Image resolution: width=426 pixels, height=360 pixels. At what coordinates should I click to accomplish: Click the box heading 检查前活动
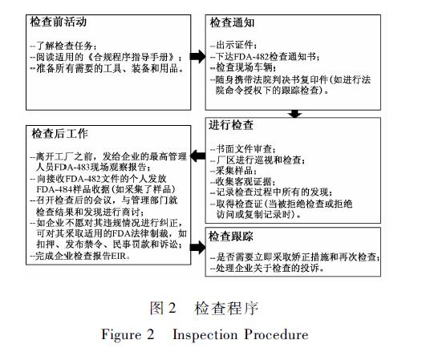[59, 22]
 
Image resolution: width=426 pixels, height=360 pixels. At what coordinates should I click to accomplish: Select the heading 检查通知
[233, 22]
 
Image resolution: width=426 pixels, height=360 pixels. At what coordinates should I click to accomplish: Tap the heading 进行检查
[231, 125]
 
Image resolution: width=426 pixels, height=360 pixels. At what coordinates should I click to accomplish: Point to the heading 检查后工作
[60, 134]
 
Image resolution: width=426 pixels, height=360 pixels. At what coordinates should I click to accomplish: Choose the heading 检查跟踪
[231, 237]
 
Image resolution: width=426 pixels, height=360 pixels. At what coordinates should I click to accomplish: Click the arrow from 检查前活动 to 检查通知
[198, 56]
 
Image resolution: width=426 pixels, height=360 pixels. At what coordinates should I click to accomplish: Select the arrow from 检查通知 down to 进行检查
[295, 114]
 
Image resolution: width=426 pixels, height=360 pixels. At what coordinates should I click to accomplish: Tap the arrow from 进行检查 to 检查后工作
[198, 156]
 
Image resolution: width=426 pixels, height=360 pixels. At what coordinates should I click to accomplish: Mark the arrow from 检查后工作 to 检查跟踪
[198, 247]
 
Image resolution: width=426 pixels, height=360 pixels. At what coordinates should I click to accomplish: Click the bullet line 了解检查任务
[63, 46]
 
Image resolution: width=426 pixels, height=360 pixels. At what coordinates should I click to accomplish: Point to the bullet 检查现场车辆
[243, 67]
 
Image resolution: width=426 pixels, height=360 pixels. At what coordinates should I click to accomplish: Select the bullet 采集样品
[233, 171]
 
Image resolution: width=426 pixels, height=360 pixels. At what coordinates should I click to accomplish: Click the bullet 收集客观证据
[243, 182]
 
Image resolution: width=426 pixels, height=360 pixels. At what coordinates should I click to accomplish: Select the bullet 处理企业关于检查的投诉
[267, 269]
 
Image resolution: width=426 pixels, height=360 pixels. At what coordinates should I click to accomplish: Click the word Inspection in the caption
[205, 334]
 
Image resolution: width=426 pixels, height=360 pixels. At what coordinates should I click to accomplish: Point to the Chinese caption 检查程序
[226, 308]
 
